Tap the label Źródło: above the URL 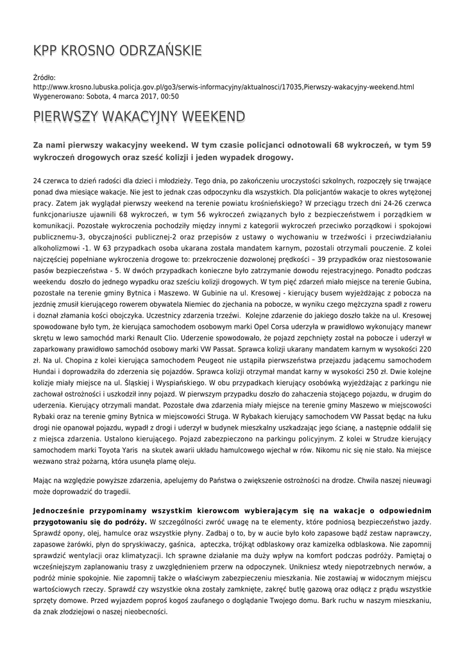45,78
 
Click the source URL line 223,86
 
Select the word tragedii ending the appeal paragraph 114,492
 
